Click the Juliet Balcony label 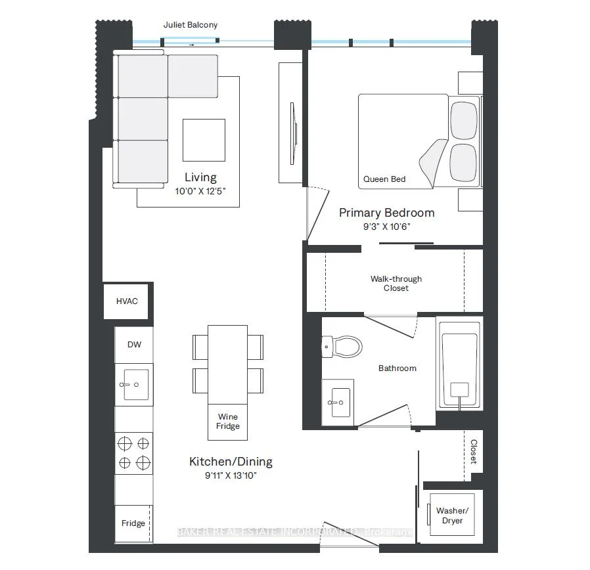pos(191,25)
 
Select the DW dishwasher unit pos(134,345)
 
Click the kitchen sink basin pos(135,384)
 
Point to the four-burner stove pos(134,453)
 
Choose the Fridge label pos(133,523)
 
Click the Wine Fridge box pos(227,422)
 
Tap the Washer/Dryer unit pos(452,515)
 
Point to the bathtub pos(459,364)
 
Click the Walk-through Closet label pos(396,284)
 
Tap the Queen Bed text pos(384,179)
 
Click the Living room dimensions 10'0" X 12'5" pos(200,191)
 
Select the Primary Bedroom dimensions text pos(386,227)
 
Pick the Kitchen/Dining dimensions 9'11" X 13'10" pos(231,475)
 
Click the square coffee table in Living pos(204,141)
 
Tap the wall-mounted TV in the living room pos(294,133)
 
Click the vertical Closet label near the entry pos(474,452)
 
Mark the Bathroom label pos(397,368)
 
